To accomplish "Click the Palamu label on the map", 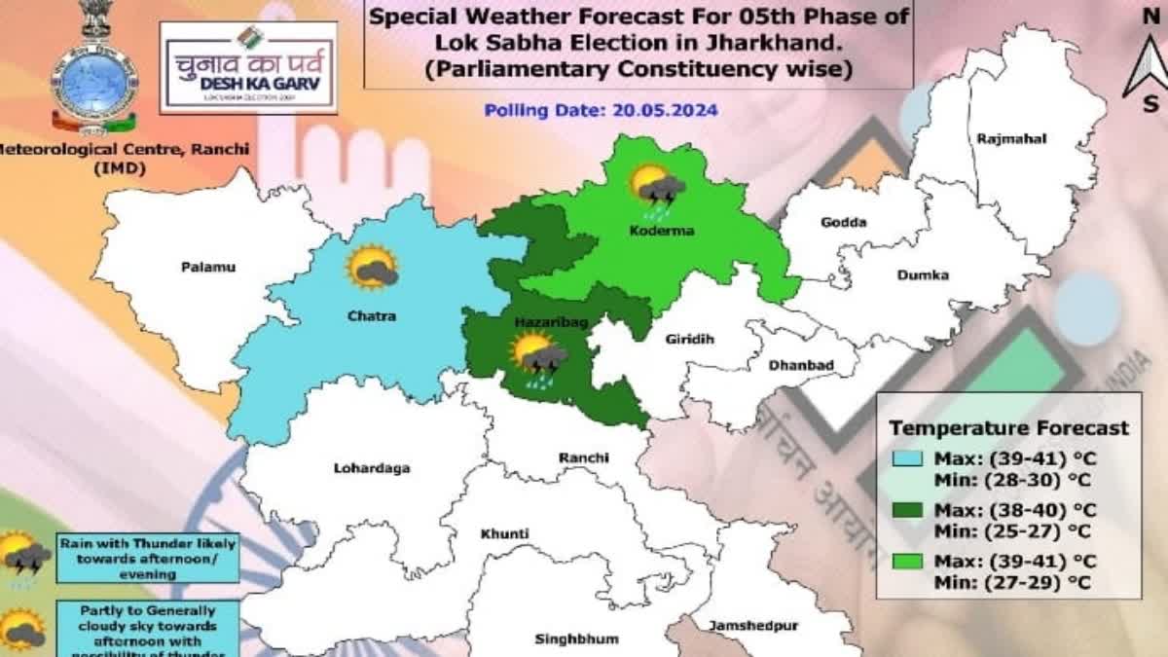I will coord(208,267).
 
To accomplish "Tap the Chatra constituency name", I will coord(370,315).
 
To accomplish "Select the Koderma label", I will coord(646,231).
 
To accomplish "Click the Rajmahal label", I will coord(1011,139).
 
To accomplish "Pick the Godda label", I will coord(843,223).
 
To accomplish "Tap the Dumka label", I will coord(922,275).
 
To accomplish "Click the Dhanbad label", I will coord(801,365).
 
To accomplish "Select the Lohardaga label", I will coord(372,468).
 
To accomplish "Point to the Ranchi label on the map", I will coord(583,457).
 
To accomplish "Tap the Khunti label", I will coord(504,533).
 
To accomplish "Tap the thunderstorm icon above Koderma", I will coord(657,188).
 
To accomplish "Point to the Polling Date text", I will coord(601,110).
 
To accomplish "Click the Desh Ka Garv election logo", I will coord(248,67).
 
